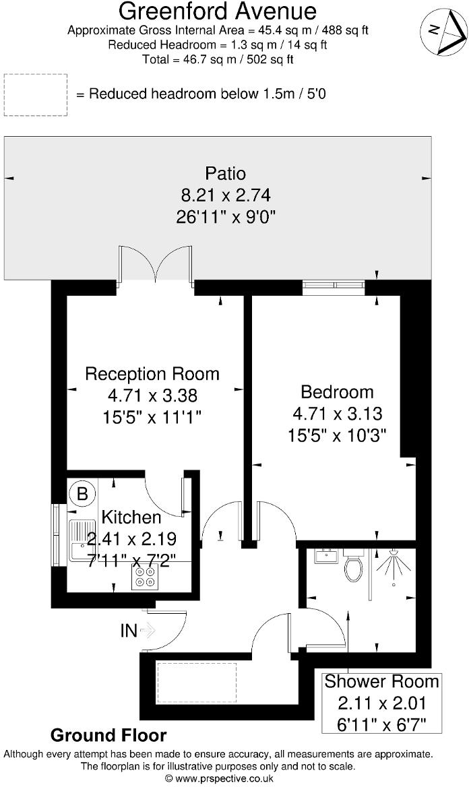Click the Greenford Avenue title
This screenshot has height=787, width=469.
tap(218, 11)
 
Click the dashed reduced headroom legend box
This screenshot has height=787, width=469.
tap(36, 94)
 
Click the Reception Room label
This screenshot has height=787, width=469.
tap(152, 374)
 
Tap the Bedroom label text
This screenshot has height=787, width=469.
tap(337, 391)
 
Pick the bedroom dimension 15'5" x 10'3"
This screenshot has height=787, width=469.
tap(337, 433)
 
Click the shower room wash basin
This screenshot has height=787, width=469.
tap(325, 557)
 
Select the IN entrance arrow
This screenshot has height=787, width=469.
tap(147, 631)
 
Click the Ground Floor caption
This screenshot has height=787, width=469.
tap(108, 734)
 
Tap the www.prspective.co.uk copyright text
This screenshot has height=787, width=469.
tap(218, 778)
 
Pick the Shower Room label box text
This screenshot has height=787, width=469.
tap(381, 681)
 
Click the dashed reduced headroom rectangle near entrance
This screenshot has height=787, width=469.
tap(196, 682)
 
